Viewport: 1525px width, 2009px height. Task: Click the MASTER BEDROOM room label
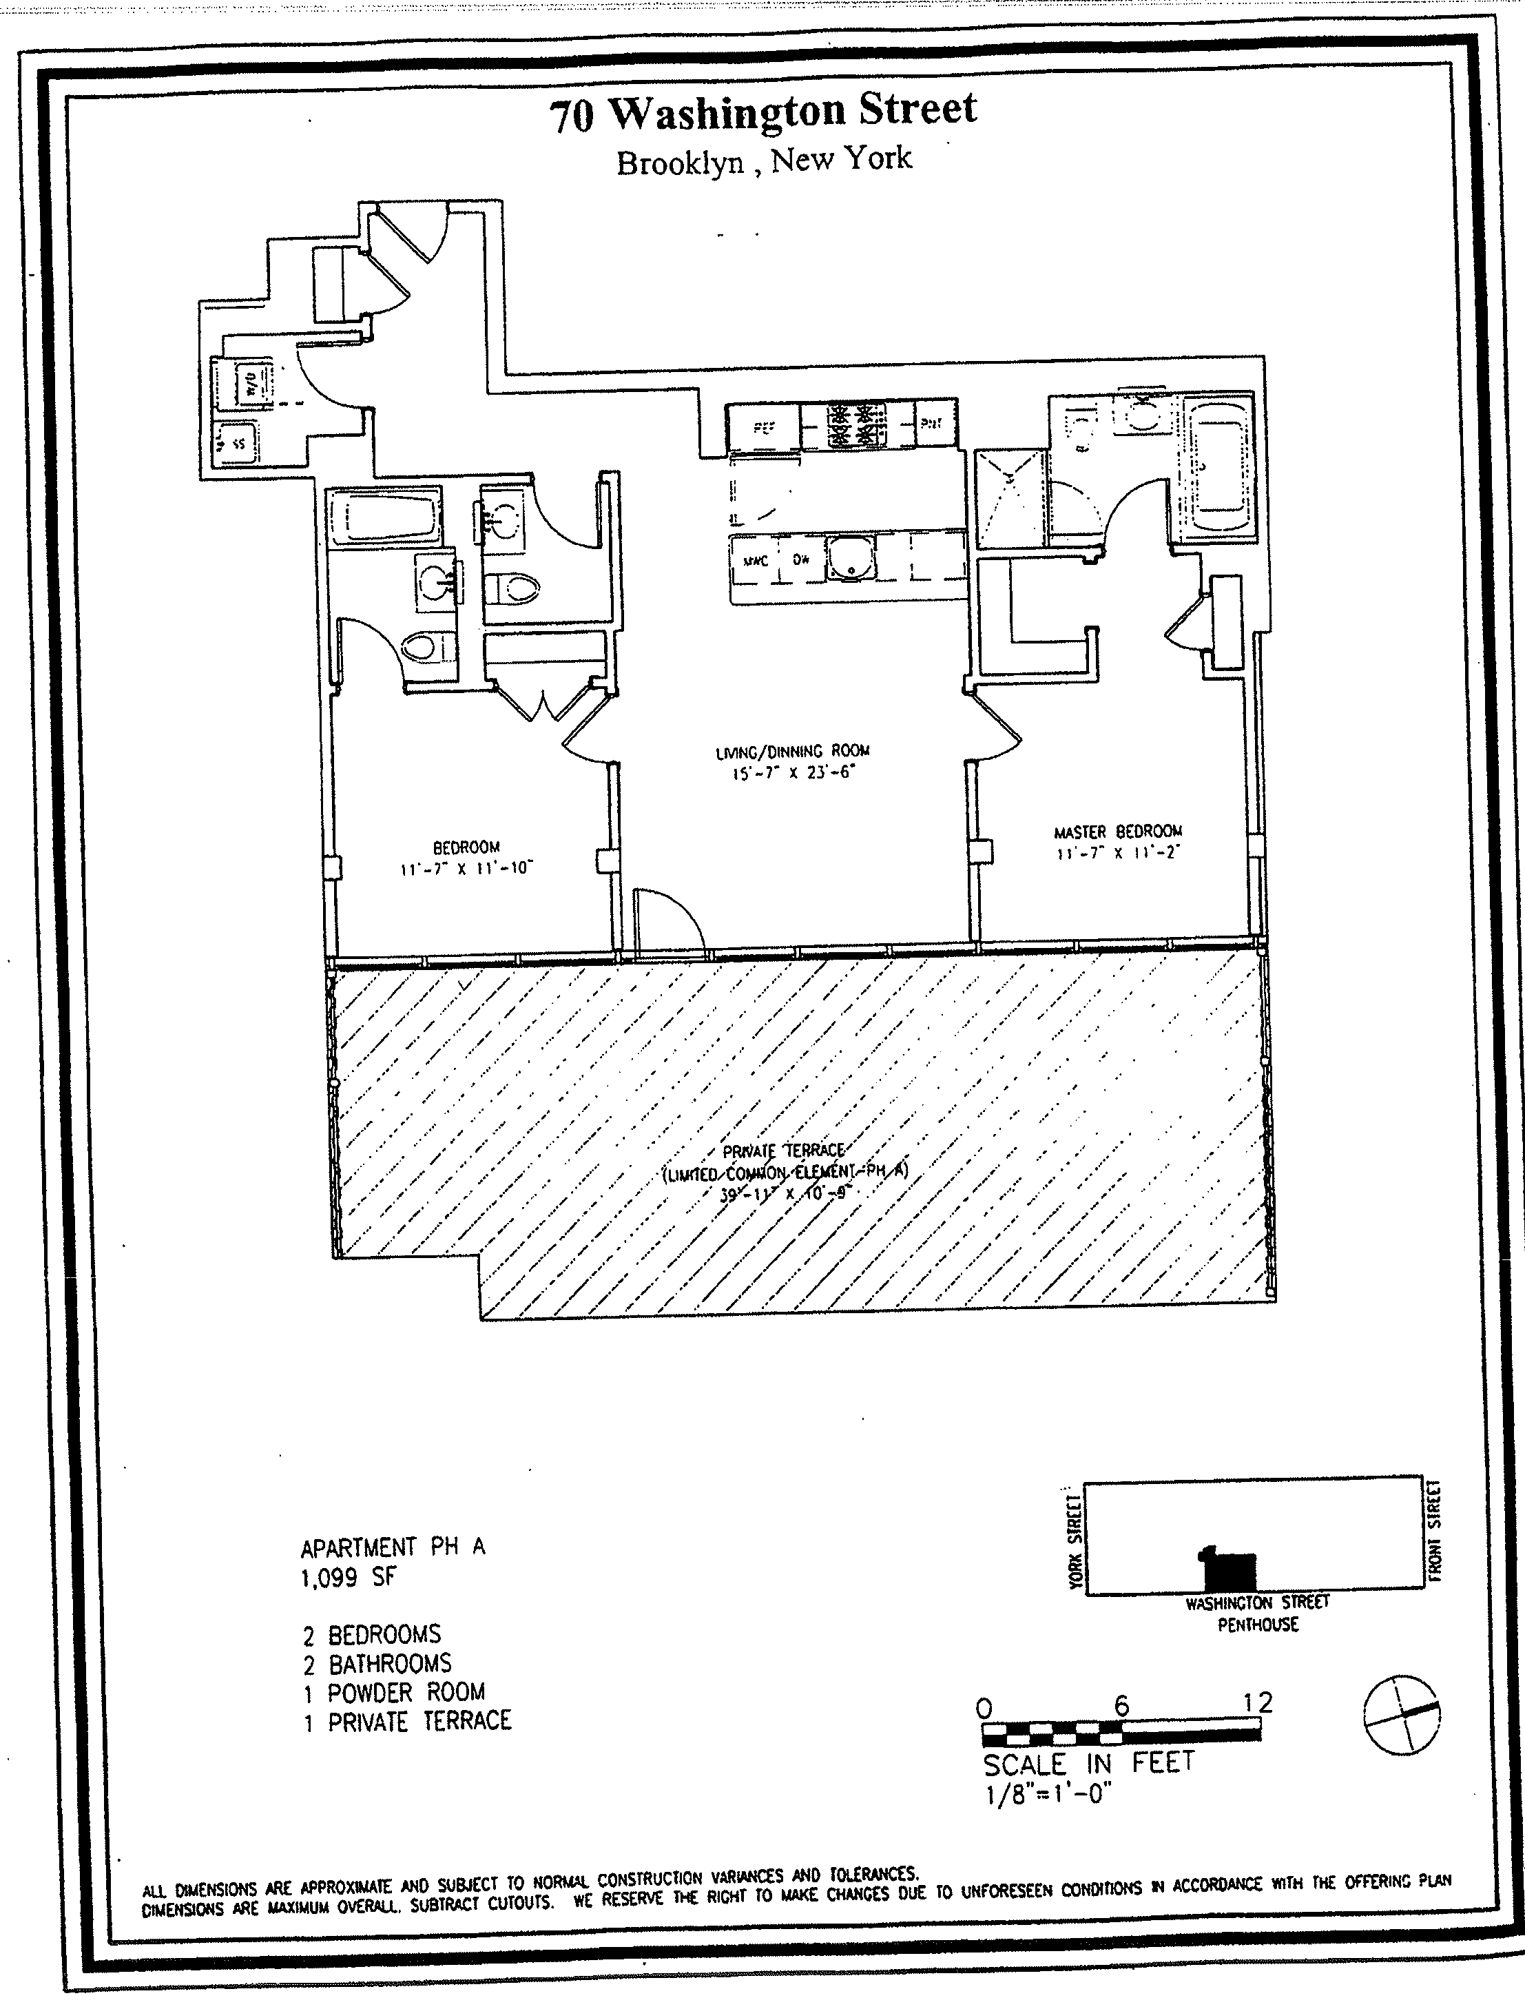coord(1117,831)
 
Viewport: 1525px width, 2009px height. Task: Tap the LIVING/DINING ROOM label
coord(792,751)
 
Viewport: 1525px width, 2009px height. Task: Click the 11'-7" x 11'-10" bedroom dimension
coord(466,868)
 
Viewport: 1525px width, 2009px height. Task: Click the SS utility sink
coord(236,444)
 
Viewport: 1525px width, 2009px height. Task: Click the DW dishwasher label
coord(801,560)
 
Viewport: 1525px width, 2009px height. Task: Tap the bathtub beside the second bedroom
coord(382,519)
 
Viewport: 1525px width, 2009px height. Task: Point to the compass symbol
coord(1402,1714)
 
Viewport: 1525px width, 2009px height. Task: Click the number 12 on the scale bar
coord(1258,1702)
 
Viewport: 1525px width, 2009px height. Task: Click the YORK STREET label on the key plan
coord(1075,1541)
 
